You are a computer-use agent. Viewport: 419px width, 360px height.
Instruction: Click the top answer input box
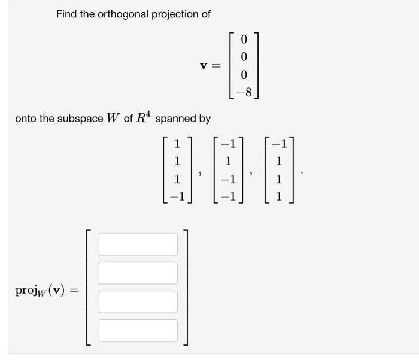(138, 244)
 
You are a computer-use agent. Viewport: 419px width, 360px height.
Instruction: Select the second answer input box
(138, 273)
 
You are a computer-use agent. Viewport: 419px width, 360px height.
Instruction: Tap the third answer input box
(138, 302)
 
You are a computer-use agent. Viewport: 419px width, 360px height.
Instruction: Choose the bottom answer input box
(138, 331)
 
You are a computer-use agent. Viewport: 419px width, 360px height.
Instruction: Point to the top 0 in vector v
(244, 40)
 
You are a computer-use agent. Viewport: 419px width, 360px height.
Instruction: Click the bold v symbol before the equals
(204, 66)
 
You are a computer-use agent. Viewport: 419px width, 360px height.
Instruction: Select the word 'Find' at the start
(66, 14)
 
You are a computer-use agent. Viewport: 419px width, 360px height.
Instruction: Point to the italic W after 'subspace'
(113, 118)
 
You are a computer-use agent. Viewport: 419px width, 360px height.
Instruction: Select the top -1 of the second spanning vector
(227, 144)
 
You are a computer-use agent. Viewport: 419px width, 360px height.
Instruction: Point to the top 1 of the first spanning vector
(177, 144)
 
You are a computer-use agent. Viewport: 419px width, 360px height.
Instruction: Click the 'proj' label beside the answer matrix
(28, 291)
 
